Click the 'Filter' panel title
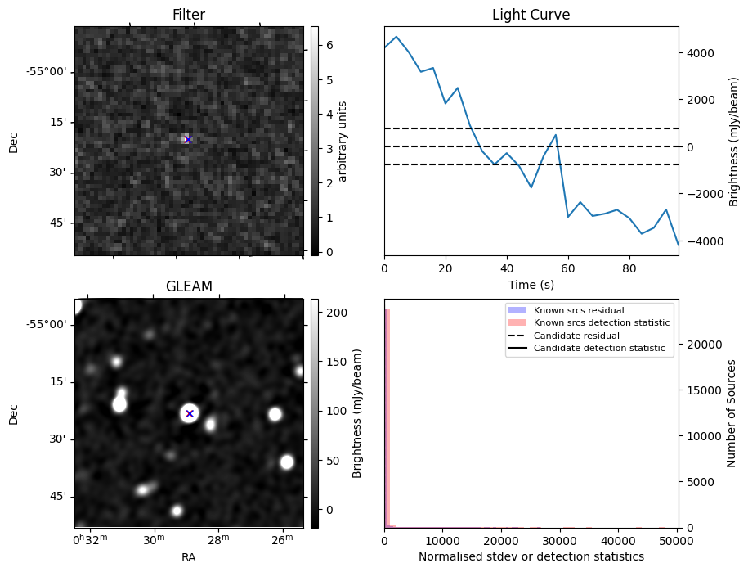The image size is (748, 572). click(x=188, y=15)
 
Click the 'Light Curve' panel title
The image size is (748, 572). click(x=531, y=15)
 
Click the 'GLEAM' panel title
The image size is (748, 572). click(x=188, y=286)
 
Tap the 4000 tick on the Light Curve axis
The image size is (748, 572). click(x=701, y=53)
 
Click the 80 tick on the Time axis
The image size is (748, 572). click(x=629, y=268)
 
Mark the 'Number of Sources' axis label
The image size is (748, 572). click(x=732, y=413)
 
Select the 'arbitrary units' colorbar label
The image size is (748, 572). click(x=343, y=141)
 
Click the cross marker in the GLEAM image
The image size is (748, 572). click(x=190, y=413)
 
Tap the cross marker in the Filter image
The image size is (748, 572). click(x=188, y=140)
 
